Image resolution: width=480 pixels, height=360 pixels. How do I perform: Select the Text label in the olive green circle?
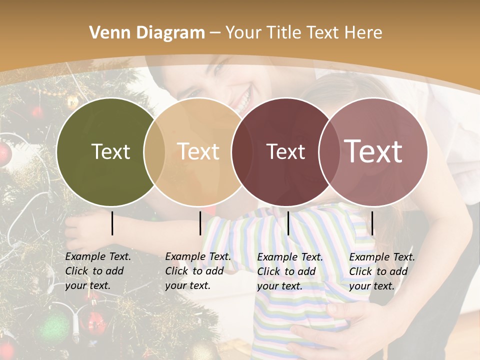pyautogui.click(x=110, y=151)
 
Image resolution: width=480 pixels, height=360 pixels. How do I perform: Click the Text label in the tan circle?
pyautogui.click(x=198, y=151)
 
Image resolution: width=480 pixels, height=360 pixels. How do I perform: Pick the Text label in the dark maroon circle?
pyautogui.click(x=285, y=151)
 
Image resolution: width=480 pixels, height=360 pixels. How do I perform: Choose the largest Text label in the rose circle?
pyautogui.click(x=373, y=151)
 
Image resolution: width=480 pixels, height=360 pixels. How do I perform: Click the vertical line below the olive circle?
pyautogui.click(x=112, y=223)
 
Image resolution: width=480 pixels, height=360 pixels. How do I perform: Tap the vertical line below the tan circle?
pyautogui.click(x=200, y=223)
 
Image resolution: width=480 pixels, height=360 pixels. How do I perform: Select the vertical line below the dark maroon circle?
pyautogui.click(x=288, y=223)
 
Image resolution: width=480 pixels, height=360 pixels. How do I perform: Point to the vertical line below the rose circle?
pyautogui.click(x=372, y=223)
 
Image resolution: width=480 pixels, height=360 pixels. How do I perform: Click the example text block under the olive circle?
pyautogui.click(x=98, y=271)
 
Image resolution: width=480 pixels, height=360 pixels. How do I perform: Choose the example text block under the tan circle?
pyautogui.click(x=198, y=271)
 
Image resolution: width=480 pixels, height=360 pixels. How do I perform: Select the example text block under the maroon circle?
pyautogui.click(x=290, y=271)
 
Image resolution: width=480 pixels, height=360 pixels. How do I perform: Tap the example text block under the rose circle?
pyautogui.click(x=382, y=271)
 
